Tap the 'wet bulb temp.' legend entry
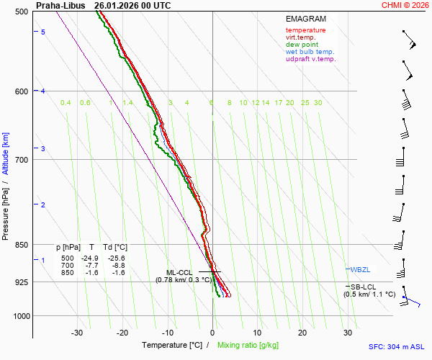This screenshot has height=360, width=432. point(310,52)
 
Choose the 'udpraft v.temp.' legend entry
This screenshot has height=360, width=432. point(310,59)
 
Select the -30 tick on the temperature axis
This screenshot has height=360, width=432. point(77,333)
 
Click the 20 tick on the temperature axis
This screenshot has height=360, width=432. point(302,333)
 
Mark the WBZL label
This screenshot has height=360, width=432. point(360,269)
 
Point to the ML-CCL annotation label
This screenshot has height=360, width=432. point(179,272)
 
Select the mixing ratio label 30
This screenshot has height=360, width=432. point(318,103)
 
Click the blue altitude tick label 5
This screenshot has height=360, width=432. point(43,32)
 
